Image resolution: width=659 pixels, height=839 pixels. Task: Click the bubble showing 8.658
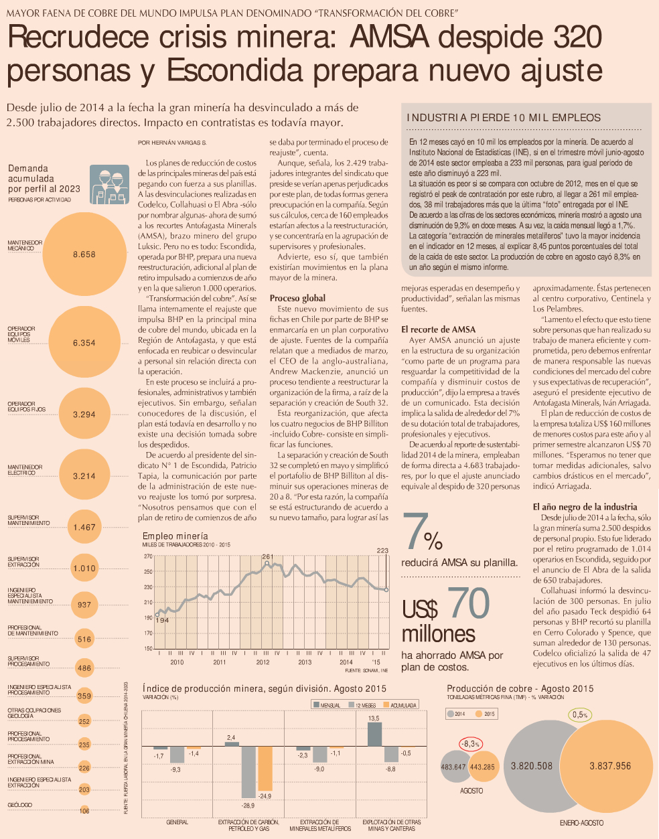[x=84, y=254]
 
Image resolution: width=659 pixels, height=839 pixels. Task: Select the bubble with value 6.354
[x=84, y=342]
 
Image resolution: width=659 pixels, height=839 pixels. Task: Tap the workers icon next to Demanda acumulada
[x=109, y=184]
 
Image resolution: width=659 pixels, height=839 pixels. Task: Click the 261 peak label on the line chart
[x=267, y=556]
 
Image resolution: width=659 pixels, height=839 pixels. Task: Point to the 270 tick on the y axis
[x=148, y=556]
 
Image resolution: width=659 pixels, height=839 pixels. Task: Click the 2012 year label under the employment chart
[x=263, y=662]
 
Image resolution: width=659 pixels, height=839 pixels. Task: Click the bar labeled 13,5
[x=374, y=734]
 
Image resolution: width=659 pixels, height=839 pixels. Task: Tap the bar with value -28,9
[x=248, y=771]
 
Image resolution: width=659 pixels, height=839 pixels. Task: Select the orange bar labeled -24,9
[x=265, y=768]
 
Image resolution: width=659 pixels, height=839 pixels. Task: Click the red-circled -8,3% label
[x=471, y=744]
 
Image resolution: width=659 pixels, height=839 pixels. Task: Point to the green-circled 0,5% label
[x=580, y=714]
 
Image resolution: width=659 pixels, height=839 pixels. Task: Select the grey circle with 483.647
[x=454, y=767]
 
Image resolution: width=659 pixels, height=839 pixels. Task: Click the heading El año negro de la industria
[x=585, y=507]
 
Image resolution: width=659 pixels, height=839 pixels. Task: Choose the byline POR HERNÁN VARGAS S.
[x=172, y=143]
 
